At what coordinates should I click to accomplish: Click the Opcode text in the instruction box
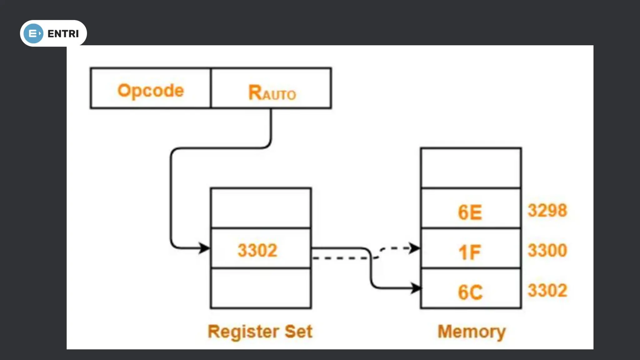point(151,91)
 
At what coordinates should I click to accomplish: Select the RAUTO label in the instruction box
point(272,93)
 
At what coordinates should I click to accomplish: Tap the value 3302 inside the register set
point(257,250)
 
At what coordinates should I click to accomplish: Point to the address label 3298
point(547,210)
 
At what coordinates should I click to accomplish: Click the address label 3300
point(547,250)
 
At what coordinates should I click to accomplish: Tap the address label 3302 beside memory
point(547,290)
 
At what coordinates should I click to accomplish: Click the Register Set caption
point(260,331)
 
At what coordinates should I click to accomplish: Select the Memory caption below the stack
point(471,332)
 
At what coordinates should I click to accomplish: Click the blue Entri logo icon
point(33,33)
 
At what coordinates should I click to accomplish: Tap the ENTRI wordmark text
point(63,33)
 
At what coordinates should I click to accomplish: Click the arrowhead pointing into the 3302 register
point(205,248)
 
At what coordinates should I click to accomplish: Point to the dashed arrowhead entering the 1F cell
point(415,248)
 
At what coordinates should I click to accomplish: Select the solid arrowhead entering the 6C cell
point(416,288)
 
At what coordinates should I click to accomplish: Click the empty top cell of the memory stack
point(471,168)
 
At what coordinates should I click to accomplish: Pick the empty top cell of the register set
point(261,208)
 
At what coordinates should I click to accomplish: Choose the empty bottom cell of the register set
point(261,288)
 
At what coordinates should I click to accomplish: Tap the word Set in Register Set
point(298,331)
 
